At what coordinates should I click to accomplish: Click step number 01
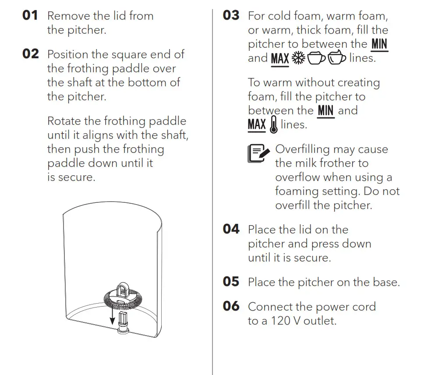pos(30,16)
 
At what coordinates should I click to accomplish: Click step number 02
pos(31,54)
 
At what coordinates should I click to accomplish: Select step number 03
pos(231,15)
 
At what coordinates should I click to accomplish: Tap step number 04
pos(231,229)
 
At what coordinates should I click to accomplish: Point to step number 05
pos(231,282)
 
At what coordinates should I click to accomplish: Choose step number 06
pos(231,306)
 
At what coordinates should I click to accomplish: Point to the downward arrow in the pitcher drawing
pos(112,313)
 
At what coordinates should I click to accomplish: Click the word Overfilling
pos(302,149)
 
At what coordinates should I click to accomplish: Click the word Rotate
pos(63,121)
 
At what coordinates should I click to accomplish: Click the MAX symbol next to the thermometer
pos(257,125)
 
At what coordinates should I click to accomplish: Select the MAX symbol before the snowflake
pos(280,59)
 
